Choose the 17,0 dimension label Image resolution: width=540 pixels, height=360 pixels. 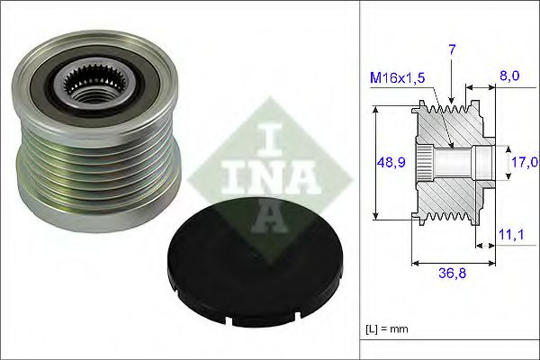523,162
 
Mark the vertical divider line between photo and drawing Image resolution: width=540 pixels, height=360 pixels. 359,180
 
